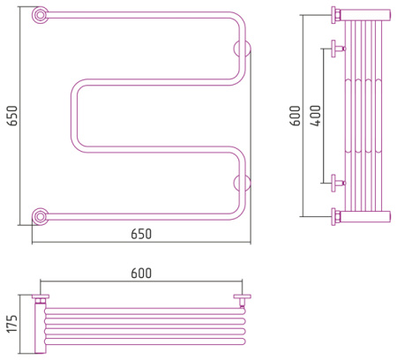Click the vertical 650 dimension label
coord(12,116)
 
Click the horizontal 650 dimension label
coord(141,234)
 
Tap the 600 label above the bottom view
coord(141,273)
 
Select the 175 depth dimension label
coord(12,324)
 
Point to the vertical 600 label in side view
coord(296,116)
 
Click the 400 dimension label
coord(316,116)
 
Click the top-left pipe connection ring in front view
coord(40,15)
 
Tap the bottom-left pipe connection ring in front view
coord(40,217)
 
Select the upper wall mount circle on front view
coord(243,49)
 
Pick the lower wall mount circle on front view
coord(243,183)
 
